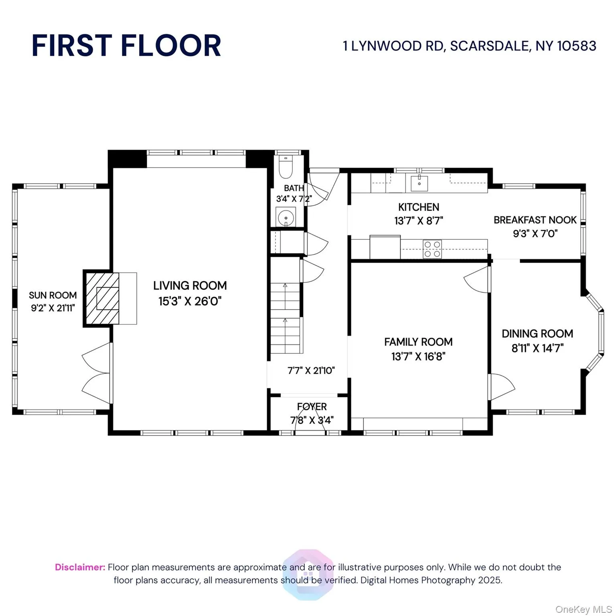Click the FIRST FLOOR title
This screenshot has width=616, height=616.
coord(126,45)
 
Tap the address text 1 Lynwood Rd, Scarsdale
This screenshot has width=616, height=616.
coord(469,46)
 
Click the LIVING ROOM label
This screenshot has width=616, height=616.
coord(190,286)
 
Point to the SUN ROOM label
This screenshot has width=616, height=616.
coord(53,295)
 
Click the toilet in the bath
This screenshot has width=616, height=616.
coord(286,167)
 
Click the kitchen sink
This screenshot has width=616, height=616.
coord(419,183)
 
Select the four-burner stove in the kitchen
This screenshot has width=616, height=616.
coord(432,249)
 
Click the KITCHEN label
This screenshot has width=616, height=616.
coord(418,207)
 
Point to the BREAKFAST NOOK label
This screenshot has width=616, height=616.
coord(535,220)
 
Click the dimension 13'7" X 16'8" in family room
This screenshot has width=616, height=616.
coord(418,356)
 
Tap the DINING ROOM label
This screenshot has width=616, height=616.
coord(537,334)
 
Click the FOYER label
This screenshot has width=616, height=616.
coord(312,407)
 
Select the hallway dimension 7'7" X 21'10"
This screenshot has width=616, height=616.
coord(311,371)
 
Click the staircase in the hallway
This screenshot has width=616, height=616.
coord(286,317)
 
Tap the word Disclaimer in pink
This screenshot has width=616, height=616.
coord(80,567)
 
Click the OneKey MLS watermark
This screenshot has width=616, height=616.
coord(583,610)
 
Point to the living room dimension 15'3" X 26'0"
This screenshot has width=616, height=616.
coord(190,301)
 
